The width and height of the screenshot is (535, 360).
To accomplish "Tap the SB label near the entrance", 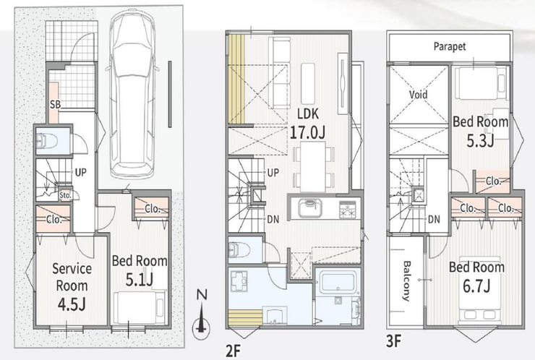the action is pos(55,104).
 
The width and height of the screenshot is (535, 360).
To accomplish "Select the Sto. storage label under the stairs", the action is pos(65,195).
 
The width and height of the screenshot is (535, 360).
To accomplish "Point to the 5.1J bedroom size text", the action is pos(140,280).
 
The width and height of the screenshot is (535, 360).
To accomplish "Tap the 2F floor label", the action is pos(233,351).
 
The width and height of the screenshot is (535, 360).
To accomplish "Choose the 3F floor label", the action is pos(394,341).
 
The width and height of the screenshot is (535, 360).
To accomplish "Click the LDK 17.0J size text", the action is pos(307,132).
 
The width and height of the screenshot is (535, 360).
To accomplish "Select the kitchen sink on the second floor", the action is pos(310,207).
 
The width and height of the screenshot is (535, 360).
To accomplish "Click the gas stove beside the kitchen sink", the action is pos(347,209).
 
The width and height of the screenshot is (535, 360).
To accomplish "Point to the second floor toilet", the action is pos(236,249).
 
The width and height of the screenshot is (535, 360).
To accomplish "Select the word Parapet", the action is pos(450,46).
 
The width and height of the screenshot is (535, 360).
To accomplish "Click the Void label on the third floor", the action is pos(419,94).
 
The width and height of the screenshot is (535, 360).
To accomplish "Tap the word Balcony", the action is pos(406,280).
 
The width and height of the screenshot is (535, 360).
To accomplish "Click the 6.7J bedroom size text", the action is pos(476,286).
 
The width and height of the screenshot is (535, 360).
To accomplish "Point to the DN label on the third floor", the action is pos(434,219).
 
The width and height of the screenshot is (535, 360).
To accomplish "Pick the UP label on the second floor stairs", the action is pos(273,173).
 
